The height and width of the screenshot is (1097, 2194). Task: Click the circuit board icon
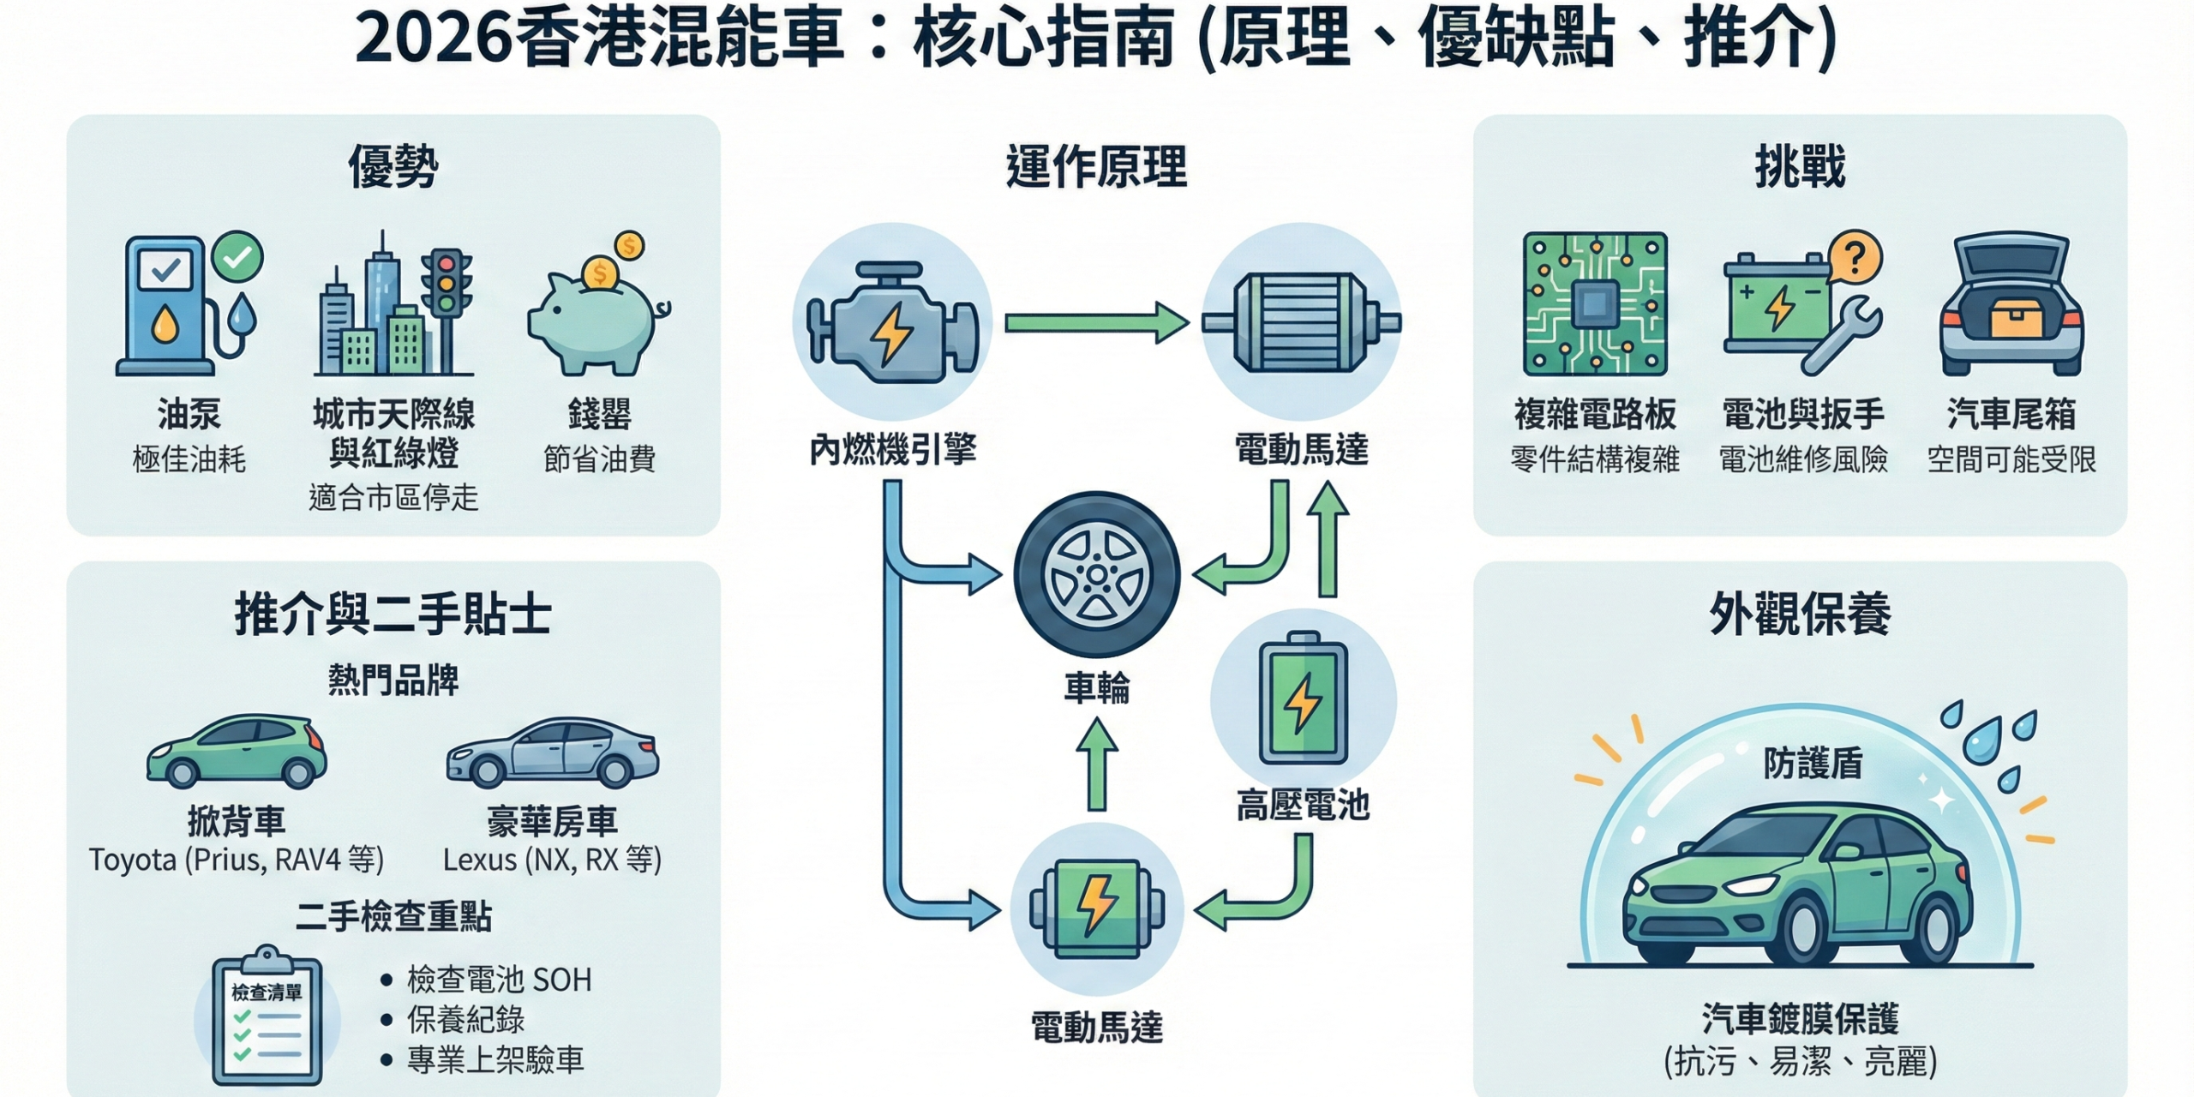point(1594,304)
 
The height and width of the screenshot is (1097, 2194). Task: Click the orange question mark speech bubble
point(1854,257)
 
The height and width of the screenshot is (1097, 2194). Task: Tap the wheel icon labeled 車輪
point(1096,574)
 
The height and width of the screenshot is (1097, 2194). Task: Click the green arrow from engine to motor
point(1096,322)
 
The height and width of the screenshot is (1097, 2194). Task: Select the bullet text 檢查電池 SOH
point(499,979)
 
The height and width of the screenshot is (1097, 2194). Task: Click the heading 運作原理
point(1096,166)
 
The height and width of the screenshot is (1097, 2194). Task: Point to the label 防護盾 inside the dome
point(1813,763)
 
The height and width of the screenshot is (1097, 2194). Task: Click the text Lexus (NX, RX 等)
point(552,860)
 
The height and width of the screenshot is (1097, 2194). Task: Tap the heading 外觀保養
point(1799,614)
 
